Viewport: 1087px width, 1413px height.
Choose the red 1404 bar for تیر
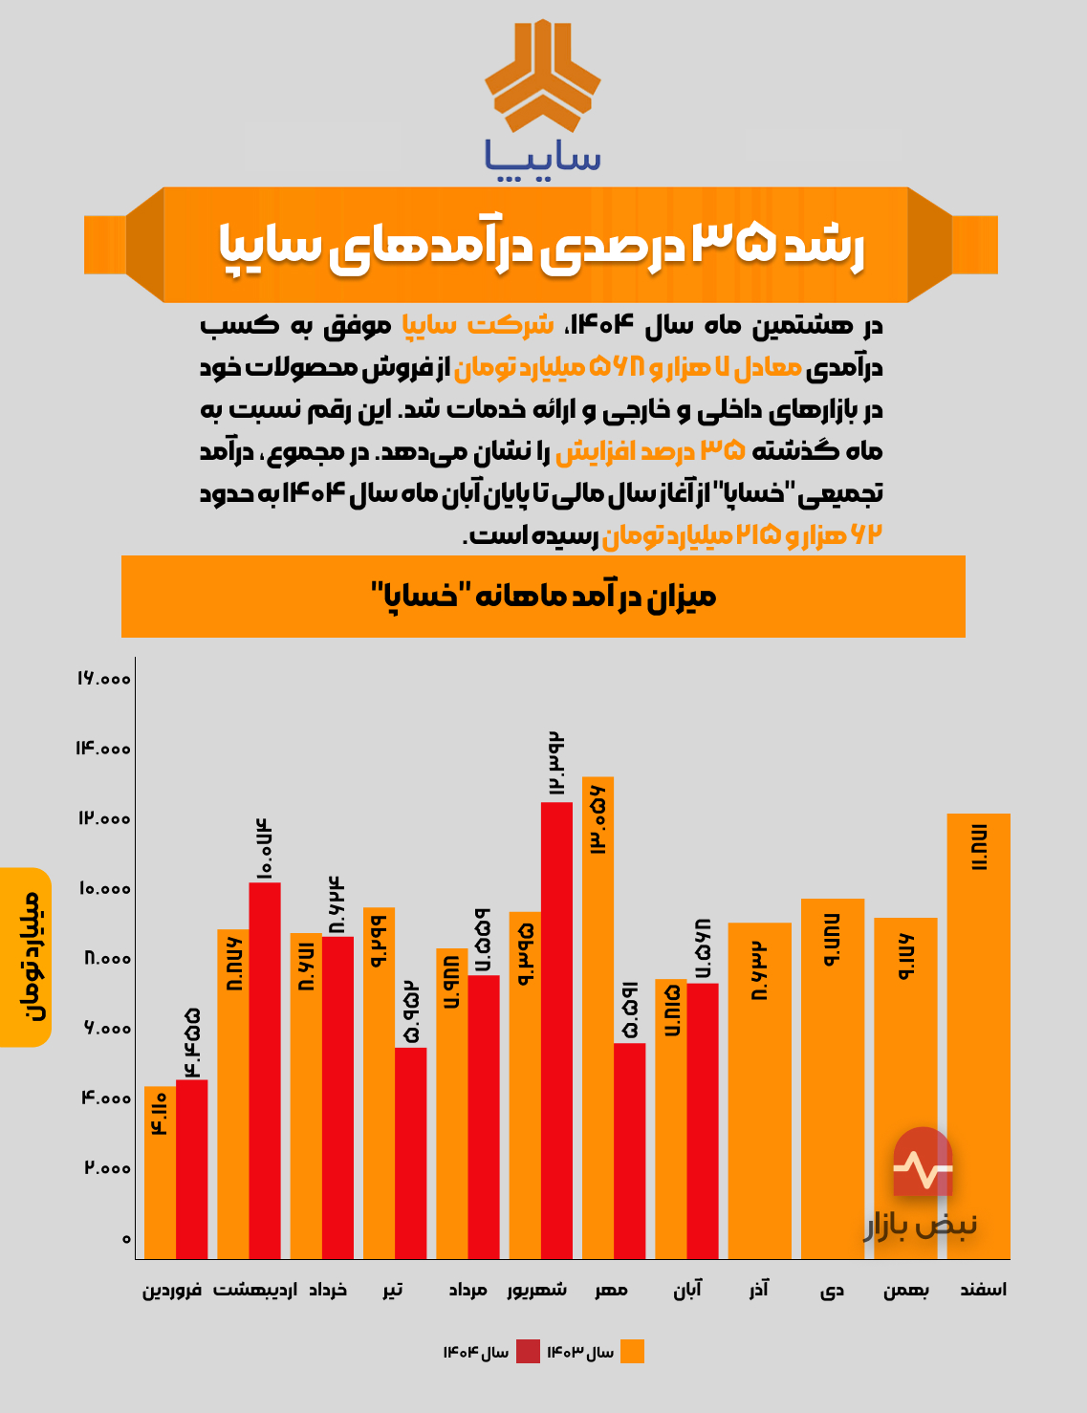pos(410,1153)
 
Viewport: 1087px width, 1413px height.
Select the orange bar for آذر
pos(759,1091)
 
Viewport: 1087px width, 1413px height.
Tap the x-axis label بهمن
pos(905,1290)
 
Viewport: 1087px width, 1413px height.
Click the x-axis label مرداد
pos(468,1290)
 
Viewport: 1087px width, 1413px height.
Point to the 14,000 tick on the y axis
pos(103,749)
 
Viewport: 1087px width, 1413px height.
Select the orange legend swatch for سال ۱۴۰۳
pos(632,1351)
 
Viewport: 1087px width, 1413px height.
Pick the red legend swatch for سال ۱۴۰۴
pos(528,1351)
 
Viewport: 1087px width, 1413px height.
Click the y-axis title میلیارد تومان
pos(26,956)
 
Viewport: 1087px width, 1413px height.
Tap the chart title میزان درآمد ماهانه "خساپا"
pos(543,597)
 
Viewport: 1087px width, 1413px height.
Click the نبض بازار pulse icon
pos(923,1163)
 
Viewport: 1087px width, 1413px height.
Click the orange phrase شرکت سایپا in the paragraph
pos(477,325)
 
